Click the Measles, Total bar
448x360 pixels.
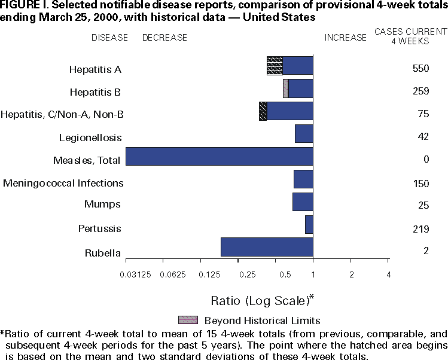[220, 157]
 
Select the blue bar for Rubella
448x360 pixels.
[267, 247]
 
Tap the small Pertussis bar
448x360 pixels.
[309, 225]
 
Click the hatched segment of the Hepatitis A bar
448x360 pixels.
[275, 66]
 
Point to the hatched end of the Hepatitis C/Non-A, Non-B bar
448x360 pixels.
[263, 111]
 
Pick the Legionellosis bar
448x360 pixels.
[304, 134]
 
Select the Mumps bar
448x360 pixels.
[303, 202]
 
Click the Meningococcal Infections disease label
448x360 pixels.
[63, 183]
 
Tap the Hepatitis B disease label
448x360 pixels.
[96, 92]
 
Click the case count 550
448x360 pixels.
[421, 69]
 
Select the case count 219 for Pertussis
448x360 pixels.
[421, 228]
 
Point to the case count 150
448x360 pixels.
[421, 183]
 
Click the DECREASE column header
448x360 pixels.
[164, 38]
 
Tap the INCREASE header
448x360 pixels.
[345, 38]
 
